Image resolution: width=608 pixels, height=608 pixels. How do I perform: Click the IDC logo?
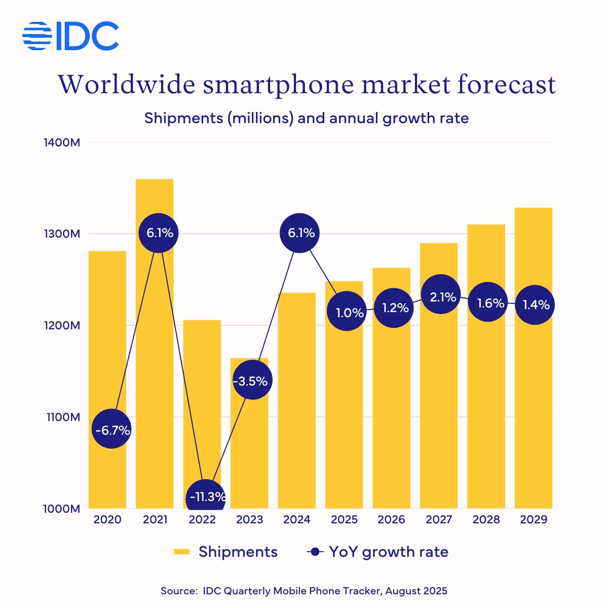71,36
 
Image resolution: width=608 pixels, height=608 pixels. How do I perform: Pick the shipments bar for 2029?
533,405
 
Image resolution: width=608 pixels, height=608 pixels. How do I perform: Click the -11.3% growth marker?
206,497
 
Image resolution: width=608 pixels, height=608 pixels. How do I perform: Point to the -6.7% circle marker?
112,430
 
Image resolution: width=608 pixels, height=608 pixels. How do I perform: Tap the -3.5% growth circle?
252,381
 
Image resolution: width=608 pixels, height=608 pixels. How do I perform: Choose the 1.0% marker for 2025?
347,312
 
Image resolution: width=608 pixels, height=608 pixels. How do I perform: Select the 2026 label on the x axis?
391,520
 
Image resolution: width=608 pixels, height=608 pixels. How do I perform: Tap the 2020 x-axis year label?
107,520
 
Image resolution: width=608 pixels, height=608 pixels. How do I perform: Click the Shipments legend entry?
225,552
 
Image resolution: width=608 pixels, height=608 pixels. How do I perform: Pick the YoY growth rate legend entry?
378,552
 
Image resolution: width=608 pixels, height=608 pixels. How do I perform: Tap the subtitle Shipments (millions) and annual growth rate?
306,119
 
